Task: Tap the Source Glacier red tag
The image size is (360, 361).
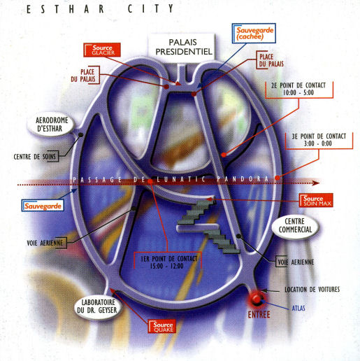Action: pyautogui.click(x=102, y=50)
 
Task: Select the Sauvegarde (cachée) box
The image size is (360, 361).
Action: pyautogui.click(x=254, y=33)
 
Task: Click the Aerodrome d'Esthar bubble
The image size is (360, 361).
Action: pyautogui.click(x=51, y=125)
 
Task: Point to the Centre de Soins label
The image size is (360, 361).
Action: pyautogui.click(x=35, y=157)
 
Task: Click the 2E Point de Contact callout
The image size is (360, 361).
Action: pyautogui.click(x=298, y=89)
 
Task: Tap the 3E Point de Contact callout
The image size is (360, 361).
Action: pyautogui.click(x=319, y=140)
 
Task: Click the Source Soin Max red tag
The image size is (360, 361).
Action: pyautogui.click(x=317, y=200)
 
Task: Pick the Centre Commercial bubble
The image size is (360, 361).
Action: pyautogui.click(x=295, y=226)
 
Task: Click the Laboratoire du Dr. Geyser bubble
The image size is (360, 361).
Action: pyautogui.click(x=98, y=306)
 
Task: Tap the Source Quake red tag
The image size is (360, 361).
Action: pyautogui.click(x=162, y=327)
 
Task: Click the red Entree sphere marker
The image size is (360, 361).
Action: pyautogui.click(x=257, y=298)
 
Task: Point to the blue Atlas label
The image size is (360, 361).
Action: pyautogui.click(x=298, y=309)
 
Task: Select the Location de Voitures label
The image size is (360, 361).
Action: pyautogui.click(x=312, y=290)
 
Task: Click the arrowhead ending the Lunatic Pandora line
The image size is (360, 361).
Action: pyautogui.click(x=316, y=183)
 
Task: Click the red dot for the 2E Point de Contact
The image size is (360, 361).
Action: pyautogui.click(x=224, y=155)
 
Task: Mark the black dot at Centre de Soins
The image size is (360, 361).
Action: pyautogui.click(x=81, y=135)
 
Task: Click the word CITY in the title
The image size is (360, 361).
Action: pyautogui.click(x=151, y=9)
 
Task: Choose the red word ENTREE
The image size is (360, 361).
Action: pyautogui.click(x=259, y=315)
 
